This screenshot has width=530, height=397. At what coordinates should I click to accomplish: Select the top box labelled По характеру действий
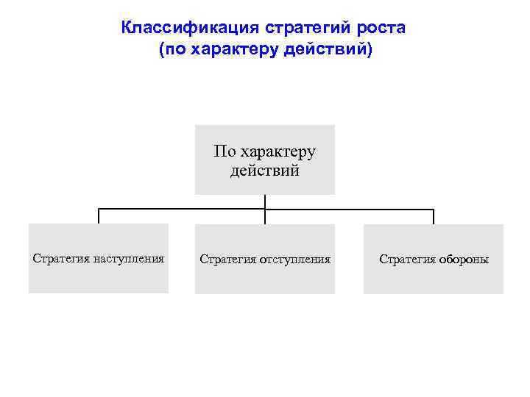(264, 160)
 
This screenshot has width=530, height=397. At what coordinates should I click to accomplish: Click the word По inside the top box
(224, 152)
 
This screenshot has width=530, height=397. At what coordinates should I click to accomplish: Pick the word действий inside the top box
(264, 171)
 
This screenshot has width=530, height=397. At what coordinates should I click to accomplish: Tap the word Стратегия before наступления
(61, 259)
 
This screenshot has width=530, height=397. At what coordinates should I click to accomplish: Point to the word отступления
(294, 260)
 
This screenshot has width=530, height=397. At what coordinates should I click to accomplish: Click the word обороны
(464, 260)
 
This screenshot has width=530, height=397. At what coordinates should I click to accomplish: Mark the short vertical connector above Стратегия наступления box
(99, 216)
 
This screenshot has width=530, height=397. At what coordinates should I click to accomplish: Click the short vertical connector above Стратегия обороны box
(434, 216)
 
